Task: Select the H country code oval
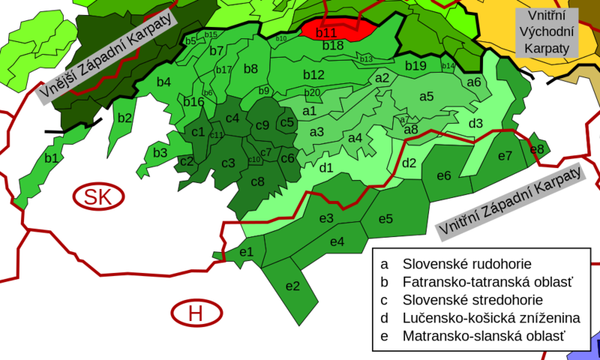click(x=196, y=313)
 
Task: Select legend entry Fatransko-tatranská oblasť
click(x=487, y=282)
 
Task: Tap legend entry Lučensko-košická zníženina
click(x=491, y=318)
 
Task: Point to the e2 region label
click(x=292, y=286)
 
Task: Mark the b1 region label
click(x=51, y=158)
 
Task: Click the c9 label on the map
click(x=262, y=125)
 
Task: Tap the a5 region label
click(x=426, y=96)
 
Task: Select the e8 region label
click(x=537, y=148)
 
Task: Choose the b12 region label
click(x=313, y=75)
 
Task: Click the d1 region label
click(x=326, y=168)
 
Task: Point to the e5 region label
click(x=385, y=219)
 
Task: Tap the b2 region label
click(x=124, y=118)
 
